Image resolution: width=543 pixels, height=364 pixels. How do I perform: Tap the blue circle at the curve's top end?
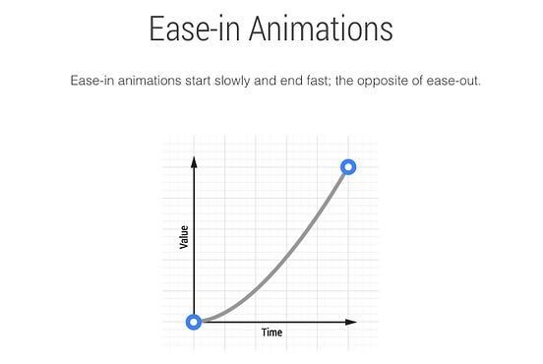pos(347,167)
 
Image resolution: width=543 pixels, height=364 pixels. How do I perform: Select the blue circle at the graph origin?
pos(195,322)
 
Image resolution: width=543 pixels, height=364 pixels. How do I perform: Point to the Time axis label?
pos(271,333)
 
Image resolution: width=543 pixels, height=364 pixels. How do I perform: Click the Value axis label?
pos(184,237)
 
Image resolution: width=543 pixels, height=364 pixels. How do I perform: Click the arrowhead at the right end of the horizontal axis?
pos(351,322)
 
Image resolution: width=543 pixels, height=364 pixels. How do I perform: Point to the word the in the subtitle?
pos(348,80)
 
